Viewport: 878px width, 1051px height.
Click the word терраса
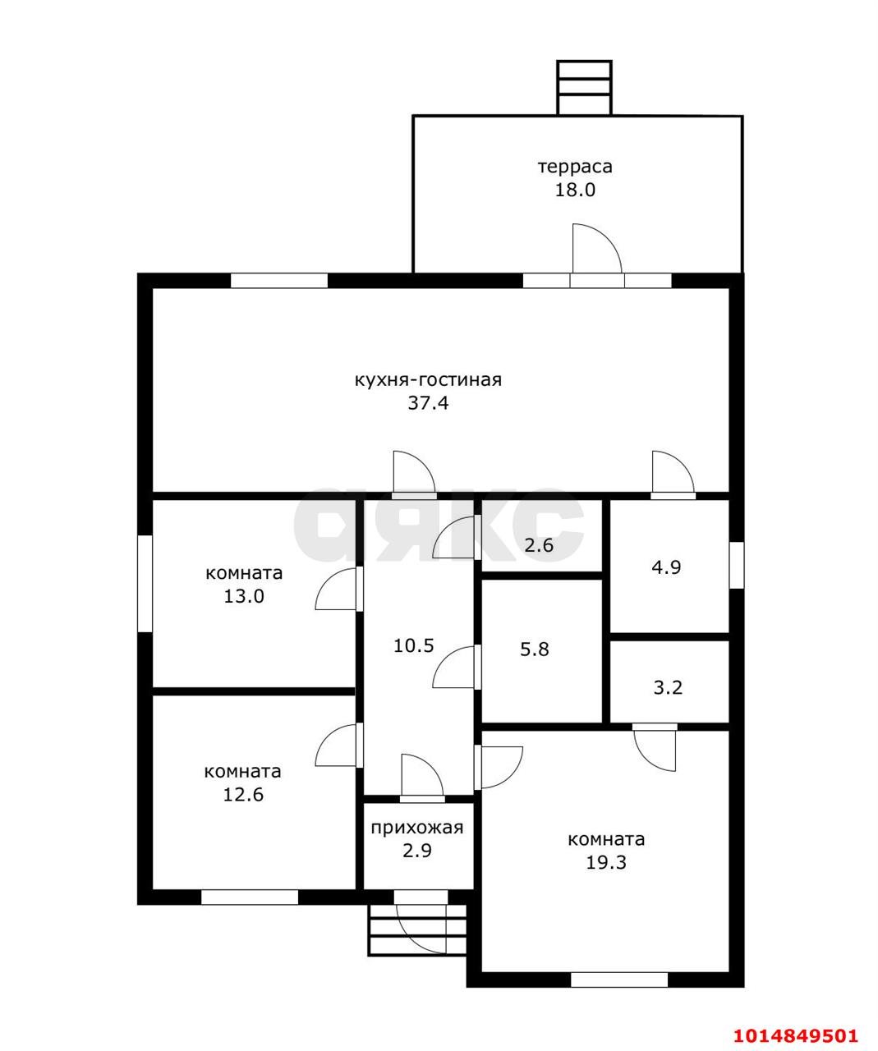[x=575, y=167]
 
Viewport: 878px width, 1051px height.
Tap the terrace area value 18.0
[x=575, y=190]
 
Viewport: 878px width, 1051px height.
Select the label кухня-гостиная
[x=429, y=379]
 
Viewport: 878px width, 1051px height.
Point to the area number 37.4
[x=428, y=403]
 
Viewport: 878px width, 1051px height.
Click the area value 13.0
[x=244, y=596]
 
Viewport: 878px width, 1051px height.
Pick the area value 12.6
[x=244, y=795]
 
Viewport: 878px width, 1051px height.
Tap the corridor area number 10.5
[x=413, y=646]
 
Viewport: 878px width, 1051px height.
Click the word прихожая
[x=417, y=828]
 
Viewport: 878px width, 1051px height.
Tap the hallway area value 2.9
[x=417, y=851]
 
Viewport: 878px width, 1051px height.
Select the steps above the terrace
[x=585, y=88]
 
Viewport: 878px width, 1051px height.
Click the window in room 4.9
[x=737, y=565]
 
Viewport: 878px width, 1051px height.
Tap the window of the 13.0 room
[x=145, y=583]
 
